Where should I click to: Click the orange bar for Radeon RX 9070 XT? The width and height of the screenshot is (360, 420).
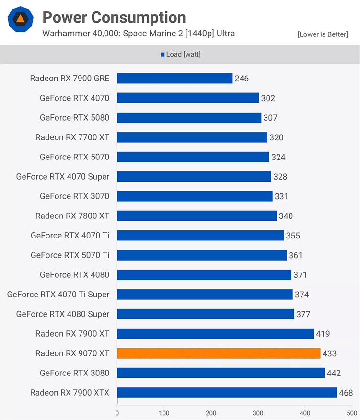(219, 353)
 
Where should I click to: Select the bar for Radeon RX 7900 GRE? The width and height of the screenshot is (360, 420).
(174, 78)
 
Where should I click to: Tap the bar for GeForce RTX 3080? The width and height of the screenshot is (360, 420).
(221, 373)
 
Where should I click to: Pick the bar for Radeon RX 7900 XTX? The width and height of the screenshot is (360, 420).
(227, 393)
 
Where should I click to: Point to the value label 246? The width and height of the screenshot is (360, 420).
(242, 78)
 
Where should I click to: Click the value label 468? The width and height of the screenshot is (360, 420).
(346, 393)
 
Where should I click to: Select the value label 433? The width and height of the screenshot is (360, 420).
(329, 353)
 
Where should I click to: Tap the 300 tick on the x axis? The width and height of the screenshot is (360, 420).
(258, 412)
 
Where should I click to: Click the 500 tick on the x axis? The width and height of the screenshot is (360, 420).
(352, 412)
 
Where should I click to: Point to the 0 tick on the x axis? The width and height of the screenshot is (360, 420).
(117, 412)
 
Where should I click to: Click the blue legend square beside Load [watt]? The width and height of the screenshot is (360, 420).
(163, 55)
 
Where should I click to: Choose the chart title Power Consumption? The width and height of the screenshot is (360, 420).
(114, 18)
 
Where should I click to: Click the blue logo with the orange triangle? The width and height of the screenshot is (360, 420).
(21, 19)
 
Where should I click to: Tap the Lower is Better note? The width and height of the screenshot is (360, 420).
(323, 34)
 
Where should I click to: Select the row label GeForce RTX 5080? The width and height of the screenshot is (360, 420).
(74, 117)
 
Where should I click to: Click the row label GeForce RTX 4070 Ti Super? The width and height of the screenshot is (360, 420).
(58, 295)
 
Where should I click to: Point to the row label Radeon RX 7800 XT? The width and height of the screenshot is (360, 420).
(72, 216)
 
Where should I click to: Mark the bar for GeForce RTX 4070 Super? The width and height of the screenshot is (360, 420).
(194, 177)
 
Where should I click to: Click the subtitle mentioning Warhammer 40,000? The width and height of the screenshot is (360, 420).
(139, 34)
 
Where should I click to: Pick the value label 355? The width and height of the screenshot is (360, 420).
(293, 236)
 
